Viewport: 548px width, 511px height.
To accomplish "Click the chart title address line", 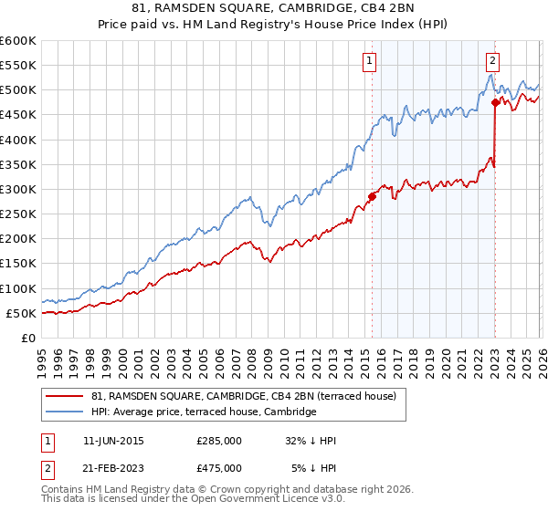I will (274, 9).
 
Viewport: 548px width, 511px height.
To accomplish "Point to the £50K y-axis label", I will (21, 313).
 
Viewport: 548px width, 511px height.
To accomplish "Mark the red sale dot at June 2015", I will (372, 196).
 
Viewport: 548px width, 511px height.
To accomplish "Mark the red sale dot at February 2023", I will (495, 102).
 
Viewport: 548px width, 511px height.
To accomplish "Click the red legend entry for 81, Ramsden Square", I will (243, 396).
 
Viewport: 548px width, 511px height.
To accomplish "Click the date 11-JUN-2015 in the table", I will (113, 441).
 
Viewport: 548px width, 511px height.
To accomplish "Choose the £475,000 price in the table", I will (219, 467).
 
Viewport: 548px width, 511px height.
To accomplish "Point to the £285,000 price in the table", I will (219, 441).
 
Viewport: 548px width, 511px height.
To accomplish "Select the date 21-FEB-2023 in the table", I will (113, 467).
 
